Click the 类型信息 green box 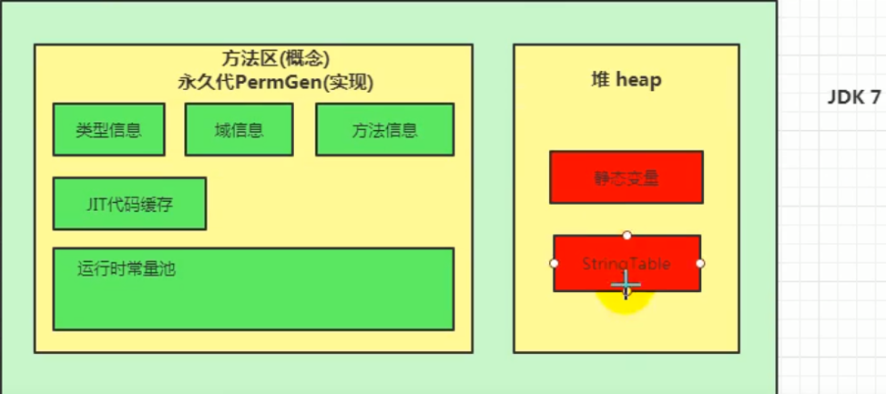[x=108, y=130]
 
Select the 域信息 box [x=239, y=130]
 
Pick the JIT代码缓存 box [x=129, y=204]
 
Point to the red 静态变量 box [x=626, y=177]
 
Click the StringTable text [x=626, y=264]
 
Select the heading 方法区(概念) [x=276, y=60]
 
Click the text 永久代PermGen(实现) [x=276, y=82]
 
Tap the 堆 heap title [x=626, y=80]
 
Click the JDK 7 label [x=853, y=98]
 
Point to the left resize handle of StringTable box [x=554, y=263]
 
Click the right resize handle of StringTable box [x=700, y=263]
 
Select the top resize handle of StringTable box [x=626, y=236]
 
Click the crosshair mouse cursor [x=626, y=285]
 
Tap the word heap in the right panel [x=638, y=80]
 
